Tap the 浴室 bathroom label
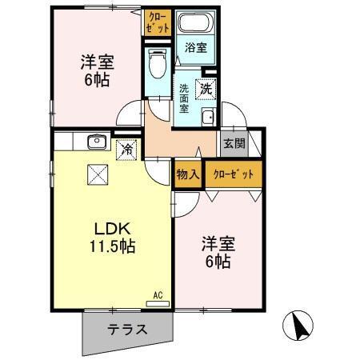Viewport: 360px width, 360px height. click(x=196, y=47)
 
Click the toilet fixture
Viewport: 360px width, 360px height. click(x=157, y=63)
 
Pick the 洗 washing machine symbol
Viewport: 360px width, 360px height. click(x=206, y=89)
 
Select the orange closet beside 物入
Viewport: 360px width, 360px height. click(x=234, y=174)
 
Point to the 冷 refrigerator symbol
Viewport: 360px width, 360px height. click(x=126, y=147)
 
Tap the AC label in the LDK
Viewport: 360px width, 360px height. click(x=158, y=294)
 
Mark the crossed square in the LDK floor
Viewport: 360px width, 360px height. click(x=99, y=172)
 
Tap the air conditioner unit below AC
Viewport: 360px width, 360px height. click(x=158, y=303)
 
